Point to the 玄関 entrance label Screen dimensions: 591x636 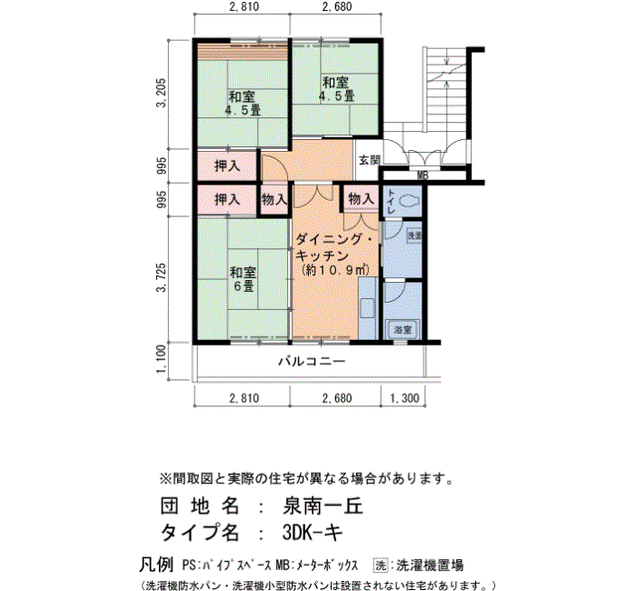pyautogui.click(x=368, y=161)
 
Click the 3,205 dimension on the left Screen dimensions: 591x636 pyautogui.click(x=162, y=95)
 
